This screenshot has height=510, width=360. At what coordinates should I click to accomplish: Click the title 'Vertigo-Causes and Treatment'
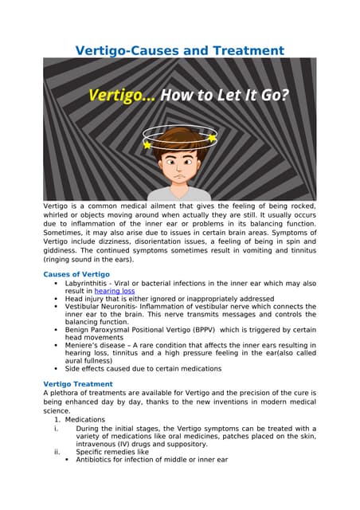180,50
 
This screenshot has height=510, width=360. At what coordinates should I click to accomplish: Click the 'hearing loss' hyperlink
114,292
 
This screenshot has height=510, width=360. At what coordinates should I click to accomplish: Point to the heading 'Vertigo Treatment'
77,384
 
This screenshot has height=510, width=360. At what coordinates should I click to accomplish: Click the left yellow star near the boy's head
147,145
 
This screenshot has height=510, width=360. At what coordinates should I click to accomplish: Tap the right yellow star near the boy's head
212,138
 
